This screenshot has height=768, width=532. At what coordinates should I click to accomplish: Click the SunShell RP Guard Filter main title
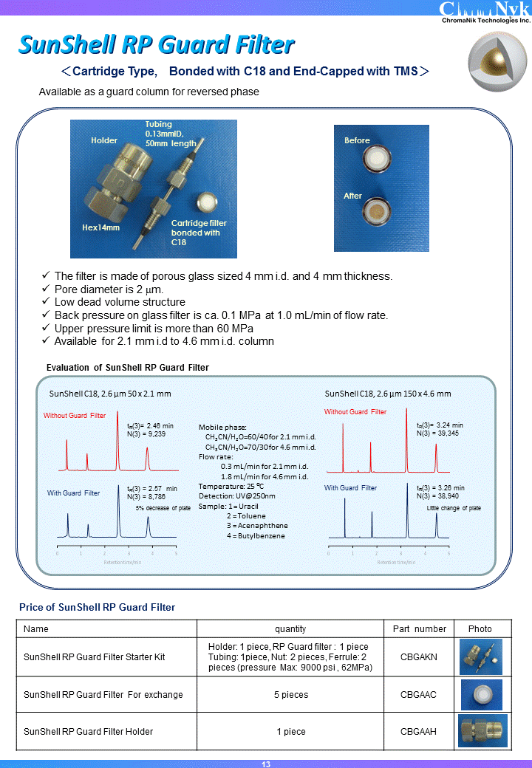pyautogui.click(x=157, y=45)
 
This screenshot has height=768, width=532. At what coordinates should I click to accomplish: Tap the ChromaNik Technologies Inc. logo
pyautogui.click(x=485, y=13)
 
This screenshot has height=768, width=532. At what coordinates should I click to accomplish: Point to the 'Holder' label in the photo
pyautogui.click(x=104, y=140)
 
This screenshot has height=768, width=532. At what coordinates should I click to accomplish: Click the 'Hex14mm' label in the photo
pyautogui.click(x=100, y=227)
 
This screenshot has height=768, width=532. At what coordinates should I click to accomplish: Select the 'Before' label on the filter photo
pyautogui.click(x=357, y=140)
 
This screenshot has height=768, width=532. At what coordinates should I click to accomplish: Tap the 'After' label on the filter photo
pyautogui.click(x=353, y=196)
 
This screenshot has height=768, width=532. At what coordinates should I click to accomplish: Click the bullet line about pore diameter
pyautogui.click(x=109, y=289)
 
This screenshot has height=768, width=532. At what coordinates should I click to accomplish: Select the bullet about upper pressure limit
pyautogui.click(x=154, y=328)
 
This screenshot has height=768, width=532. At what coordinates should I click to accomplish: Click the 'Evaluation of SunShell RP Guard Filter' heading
pyautogui.click(x=128, y=368)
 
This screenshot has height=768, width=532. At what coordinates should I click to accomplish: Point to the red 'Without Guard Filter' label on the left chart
pyautogui.click(x=75, y=416)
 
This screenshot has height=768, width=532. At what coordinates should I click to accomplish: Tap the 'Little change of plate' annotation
pyautogui.click(x=454, y=508)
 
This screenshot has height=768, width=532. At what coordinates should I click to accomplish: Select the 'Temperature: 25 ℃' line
pyautogui.click(x=231, y=486)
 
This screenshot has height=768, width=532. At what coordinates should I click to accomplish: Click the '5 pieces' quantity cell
pyautogui.click(x=290, y=695)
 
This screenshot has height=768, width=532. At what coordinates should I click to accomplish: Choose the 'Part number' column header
pyautogui.click(x=419, y=629)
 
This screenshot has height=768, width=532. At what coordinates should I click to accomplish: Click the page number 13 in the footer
pyautogui.click(x=266, y=764)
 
